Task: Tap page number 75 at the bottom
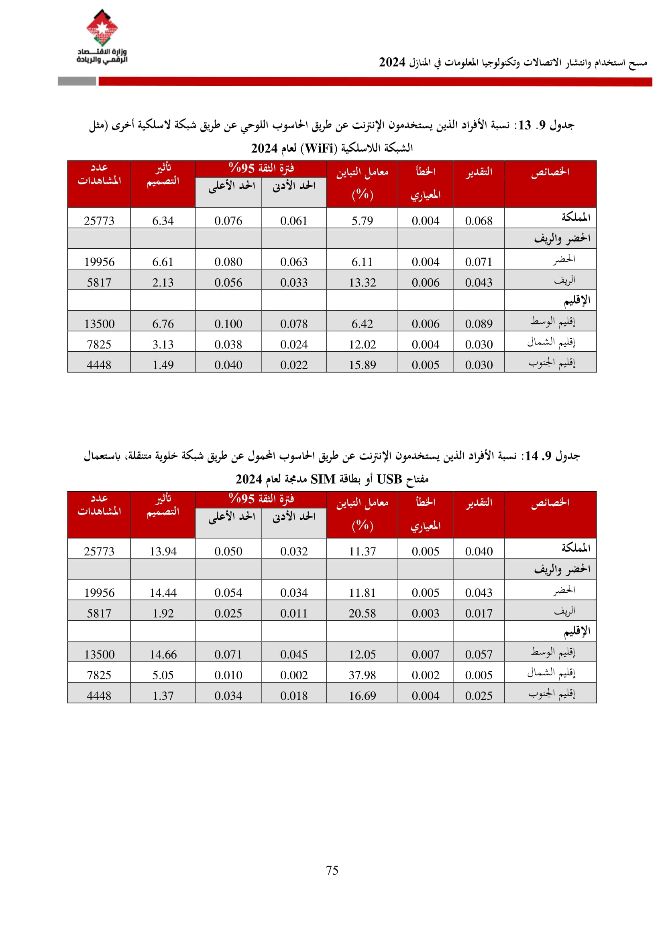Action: pyautogui.click(x=332, y=870)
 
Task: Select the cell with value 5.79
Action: pyautogui.click(x=362, y=221)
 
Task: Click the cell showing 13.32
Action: pyautogui.click(x=362, y=283)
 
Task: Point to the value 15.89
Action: pyautogui.click(x=362, y=365)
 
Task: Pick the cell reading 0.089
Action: pyautogui.click(x=479, y=324)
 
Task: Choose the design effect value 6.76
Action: pyautogui.click(x=163, y=324)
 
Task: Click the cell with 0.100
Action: pyautogui.click(x=228, y=324)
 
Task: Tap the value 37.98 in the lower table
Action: pyautogui.click(x=362, y=675)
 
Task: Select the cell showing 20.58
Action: pyautogui.click(x=362, y=614)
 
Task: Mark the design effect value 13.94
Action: pyautogui.click(x=163, y=551)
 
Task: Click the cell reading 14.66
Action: pyautogui.click(x=163, y=654)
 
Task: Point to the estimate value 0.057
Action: pyautogui.click(x=479, y=654)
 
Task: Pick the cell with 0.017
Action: pyautogui.click(x=479, y=614)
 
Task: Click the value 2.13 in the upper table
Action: pyautogui.click(x=163, y=283)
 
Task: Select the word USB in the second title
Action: pyautogui.click(x=389, y=479)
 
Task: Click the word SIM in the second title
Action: pyautogui.click(x=323, y=479)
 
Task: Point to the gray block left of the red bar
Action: pyautogui.click(x=77, y=81)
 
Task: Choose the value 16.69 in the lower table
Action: pyautogui.click(x=362, y=696)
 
